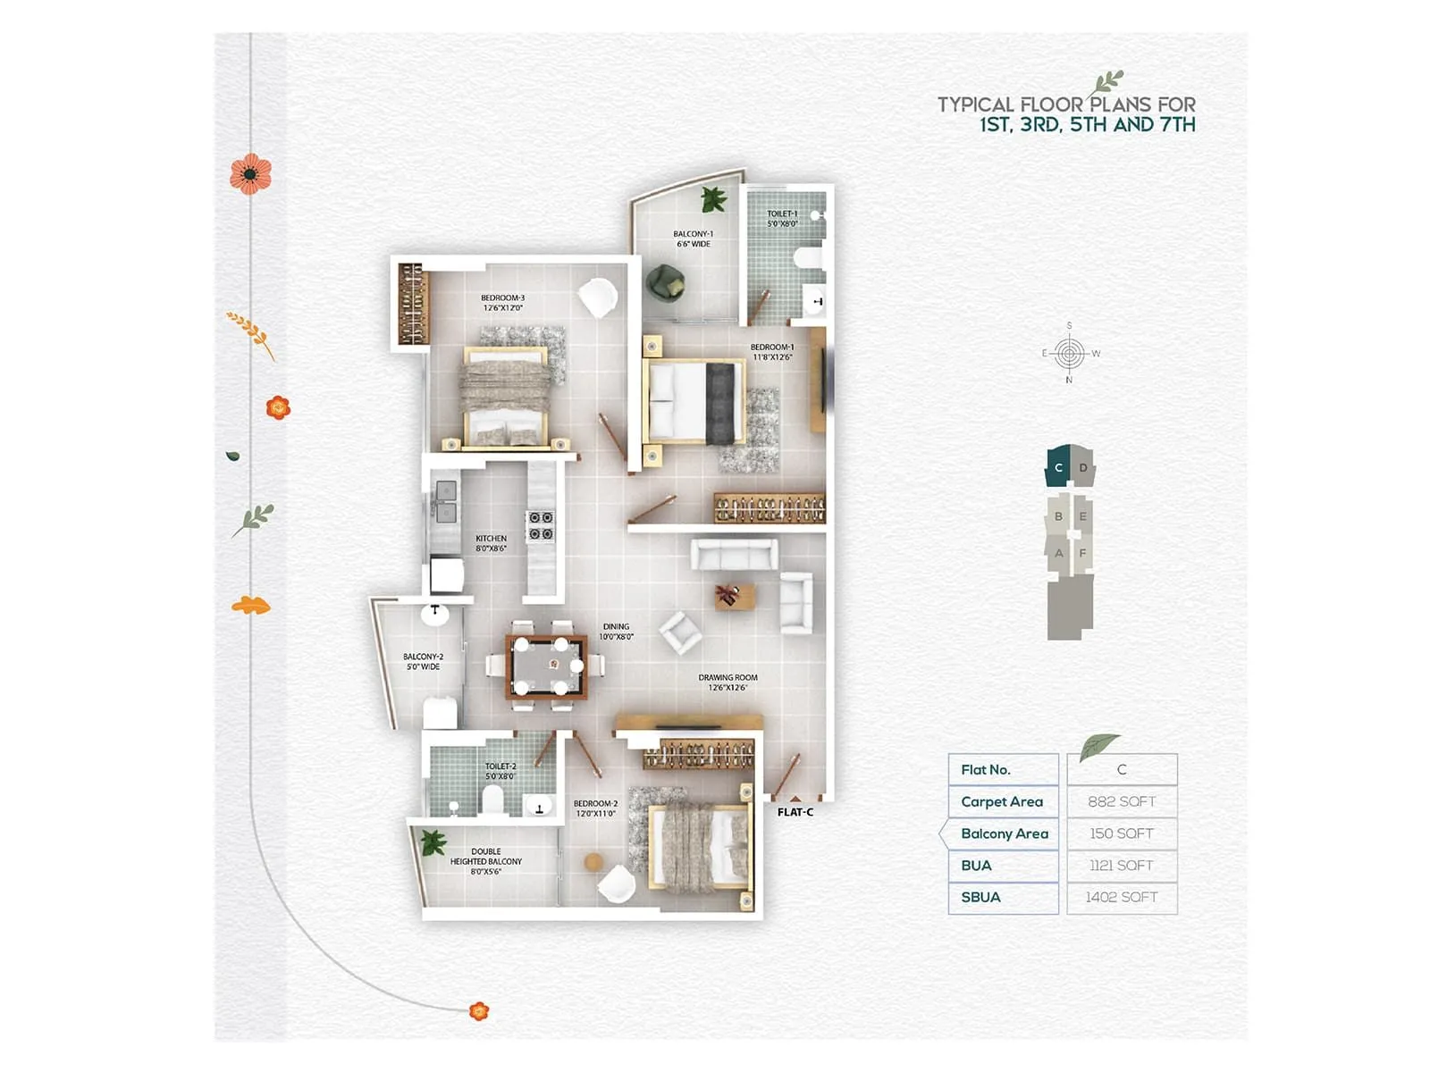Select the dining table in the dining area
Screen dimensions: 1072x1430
point(546,666)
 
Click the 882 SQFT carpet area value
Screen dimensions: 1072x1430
point(1122,801)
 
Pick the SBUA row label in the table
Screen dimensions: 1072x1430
point(980,897)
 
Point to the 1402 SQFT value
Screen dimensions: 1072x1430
point(1122,897)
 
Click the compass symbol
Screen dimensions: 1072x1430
point(1069,353)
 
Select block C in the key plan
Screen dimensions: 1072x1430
point(1058,467)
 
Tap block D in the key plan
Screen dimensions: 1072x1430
point(1083,467)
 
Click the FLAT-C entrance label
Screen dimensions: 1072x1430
point(795,812)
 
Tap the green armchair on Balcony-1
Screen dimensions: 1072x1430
point(665,282)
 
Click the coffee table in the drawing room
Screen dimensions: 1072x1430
point(733,596)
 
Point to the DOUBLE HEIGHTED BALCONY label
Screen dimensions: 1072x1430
point(486,861)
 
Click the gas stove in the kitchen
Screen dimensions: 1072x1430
point(540,525)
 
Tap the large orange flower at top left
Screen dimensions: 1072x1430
point(250,173)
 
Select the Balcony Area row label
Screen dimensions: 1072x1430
point(1004,833)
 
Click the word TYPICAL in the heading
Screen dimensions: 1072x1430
point(975,105)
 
